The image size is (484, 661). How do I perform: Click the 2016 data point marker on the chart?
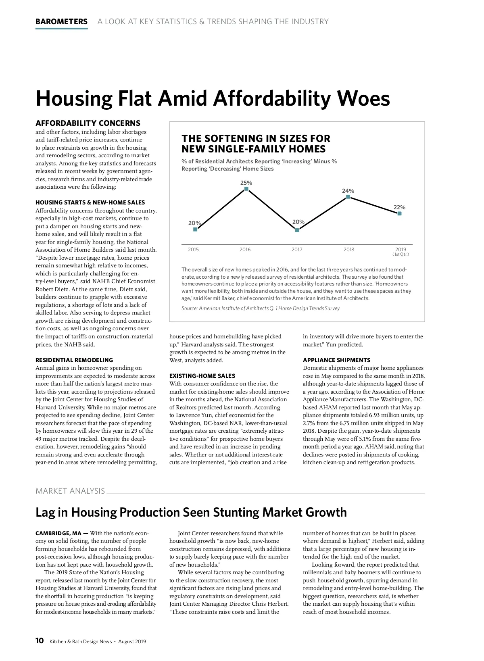(x=246, y=189)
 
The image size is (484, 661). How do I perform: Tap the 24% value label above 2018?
(x=348, y=191)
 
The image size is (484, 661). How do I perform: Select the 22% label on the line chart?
(x=399, y=207)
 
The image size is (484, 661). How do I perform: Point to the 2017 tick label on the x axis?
(x=297, y=250)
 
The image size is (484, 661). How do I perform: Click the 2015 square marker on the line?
(x=195, y=229)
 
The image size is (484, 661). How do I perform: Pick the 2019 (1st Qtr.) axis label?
(x=401, y=251)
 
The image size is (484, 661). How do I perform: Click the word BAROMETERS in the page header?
(x=61, y=22)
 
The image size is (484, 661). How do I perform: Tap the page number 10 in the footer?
(x=40, y=641)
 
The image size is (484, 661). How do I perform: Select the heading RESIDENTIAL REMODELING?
(x=74, y=360)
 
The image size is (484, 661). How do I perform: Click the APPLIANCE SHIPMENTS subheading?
(x=336, y=360)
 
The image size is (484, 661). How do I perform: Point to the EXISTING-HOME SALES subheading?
(x=202, y=376)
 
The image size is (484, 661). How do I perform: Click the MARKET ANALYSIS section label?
(x=70, y=491)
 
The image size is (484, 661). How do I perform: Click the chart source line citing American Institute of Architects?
(x=261, y=309)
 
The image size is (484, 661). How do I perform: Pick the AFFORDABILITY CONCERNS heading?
(x=88, y=123)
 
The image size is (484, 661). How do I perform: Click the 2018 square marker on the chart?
(x=348, y=197)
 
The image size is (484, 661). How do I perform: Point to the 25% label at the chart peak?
(x=246, y=183)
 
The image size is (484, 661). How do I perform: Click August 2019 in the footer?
(x=132, y=642)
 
